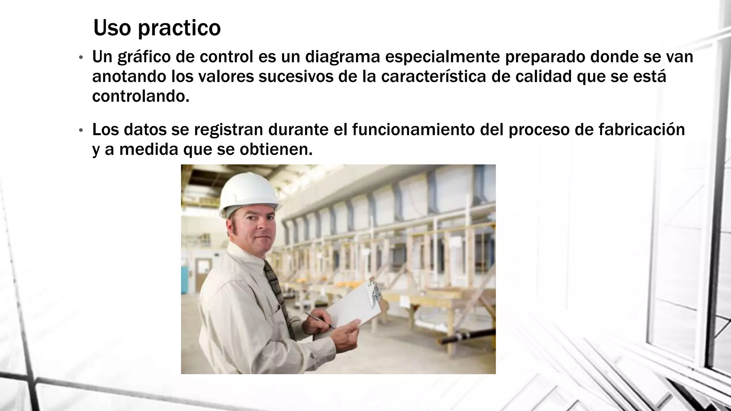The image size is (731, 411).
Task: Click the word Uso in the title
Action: click(x=112, y=28)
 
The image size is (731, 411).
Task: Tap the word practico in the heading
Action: click(x=179, y=29)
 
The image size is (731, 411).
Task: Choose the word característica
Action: click(x=433, y=77)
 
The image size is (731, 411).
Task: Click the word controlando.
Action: click(x=140, y=96)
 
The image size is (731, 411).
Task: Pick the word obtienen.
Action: click(x=276, y=149)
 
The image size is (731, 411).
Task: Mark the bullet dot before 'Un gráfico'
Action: click(x=81, y=58)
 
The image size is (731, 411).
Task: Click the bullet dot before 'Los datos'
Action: click(x=81, y=131)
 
